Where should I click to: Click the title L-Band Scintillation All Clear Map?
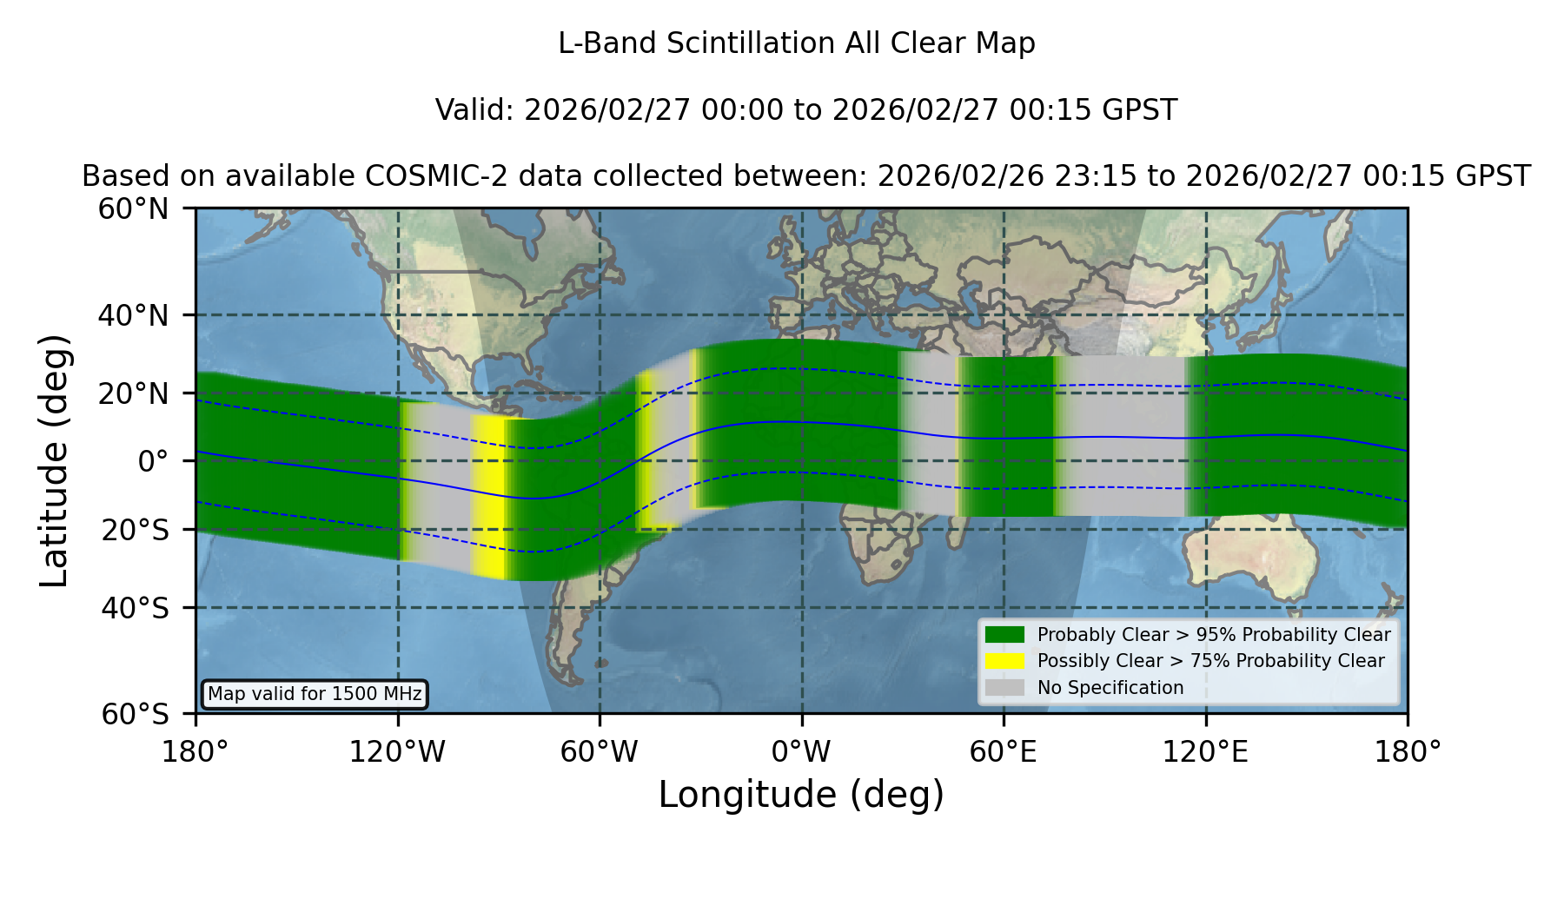pos(797,43)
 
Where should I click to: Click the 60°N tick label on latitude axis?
pos(133,209)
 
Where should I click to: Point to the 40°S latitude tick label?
pos(135,608)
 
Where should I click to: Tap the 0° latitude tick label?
pos(153,461)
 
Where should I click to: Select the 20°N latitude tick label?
pos(133,393)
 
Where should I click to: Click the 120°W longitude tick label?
pos(397,752)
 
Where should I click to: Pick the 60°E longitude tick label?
pos(1004,752)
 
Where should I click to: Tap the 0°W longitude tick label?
pos(801,752)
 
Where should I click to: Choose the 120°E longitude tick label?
pos(1206,752)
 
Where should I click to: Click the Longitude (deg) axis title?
pos(801,795)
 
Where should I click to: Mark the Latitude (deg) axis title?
pos(55,460)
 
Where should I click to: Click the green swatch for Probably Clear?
pos(1005,635)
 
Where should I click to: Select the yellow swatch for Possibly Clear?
pos(1005,661)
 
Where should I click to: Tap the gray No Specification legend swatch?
pos(1005,688)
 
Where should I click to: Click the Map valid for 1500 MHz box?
pos(315,694)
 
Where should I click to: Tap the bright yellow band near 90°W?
pos(488,497)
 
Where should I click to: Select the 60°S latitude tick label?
pos(135,715)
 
